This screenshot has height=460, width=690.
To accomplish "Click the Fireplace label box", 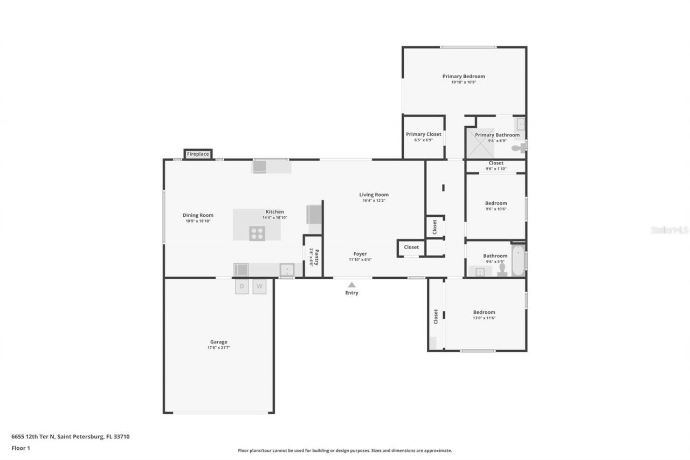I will pos(198,154).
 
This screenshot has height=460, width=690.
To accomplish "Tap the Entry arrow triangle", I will pos(351,285).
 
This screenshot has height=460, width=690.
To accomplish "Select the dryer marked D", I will pos(242,286).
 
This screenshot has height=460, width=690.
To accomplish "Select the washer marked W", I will pos(259,286).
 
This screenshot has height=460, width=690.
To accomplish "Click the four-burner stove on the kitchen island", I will pos(257,234).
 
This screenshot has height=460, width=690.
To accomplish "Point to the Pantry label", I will pos(316,257).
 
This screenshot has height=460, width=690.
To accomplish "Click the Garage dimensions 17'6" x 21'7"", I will pos(219,348).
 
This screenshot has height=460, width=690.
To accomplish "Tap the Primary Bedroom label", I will pos(464,77).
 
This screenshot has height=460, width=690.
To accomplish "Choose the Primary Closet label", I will pos(423,134).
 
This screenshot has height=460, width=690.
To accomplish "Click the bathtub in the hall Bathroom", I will pos(517,260).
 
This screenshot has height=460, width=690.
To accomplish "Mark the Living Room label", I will pos(374,195).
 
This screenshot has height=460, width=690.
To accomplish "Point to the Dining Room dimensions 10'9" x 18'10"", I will pos(198,221).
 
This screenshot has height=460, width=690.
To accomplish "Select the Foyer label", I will pos(360,253).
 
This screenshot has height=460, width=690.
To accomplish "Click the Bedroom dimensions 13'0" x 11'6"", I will pos(484,318).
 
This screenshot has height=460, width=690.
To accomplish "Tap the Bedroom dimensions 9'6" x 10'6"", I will pos(496,209).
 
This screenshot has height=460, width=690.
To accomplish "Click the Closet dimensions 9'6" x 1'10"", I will pos(496,169).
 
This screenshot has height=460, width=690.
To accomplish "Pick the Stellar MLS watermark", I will pos(670,230).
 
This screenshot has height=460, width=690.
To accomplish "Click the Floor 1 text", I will pos(21,448).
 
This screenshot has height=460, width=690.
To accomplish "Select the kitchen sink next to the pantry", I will pos(287,269).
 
